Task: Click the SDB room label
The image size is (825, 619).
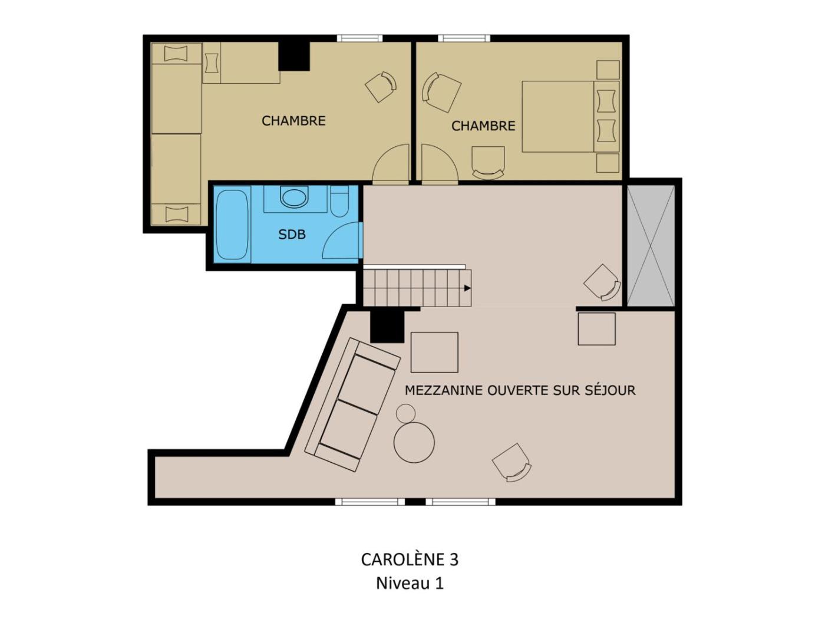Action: [x=292, y=235]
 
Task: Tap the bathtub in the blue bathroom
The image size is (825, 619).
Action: [x=232, y=225]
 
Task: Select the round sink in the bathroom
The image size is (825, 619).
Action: [x=294, y=197]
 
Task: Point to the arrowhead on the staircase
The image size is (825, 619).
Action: [x=467, y=288]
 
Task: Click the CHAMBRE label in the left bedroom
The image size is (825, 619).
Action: [x=293, y=121]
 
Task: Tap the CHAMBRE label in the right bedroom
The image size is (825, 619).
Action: [x=483, y=126]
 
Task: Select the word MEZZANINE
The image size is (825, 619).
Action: [x=444, y=390]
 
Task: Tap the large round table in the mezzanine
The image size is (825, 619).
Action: [x=414, y=442]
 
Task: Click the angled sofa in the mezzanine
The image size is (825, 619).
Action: [x=352, y=404]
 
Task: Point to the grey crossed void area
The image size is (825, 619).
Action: [x=651, y=246]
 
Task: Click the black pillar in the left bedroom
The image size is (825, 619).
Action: [x=294, y=57]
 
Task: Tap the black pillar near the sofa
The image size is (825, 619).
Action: [x=387, y=327]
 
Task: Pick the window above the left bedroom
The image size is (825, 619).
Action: [x=359, y=38]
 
